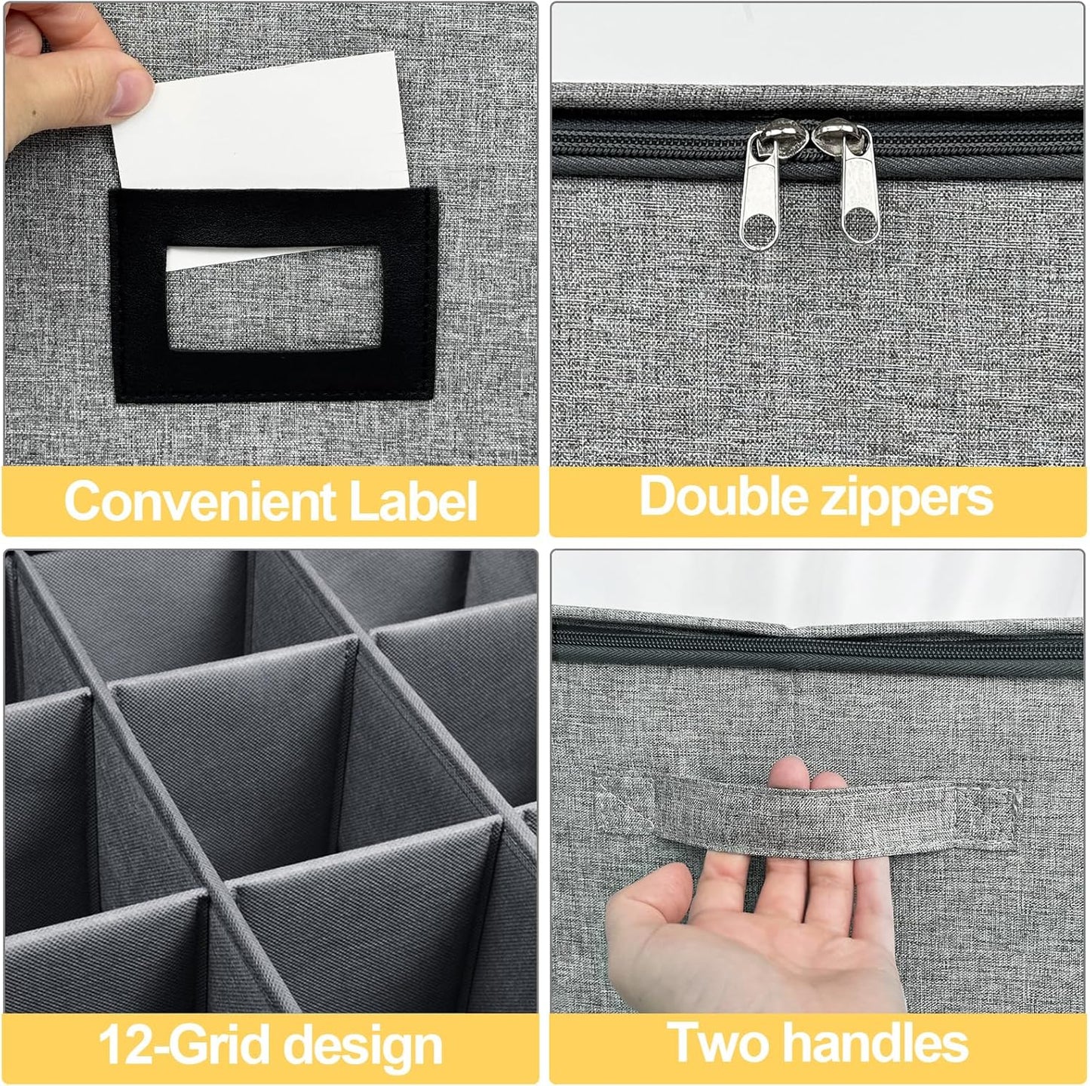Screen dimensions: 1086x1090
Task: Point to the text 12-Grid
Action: tap(185, 1045)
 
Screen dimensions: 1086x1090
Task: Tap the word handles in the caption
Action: tap(875, 1043)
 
